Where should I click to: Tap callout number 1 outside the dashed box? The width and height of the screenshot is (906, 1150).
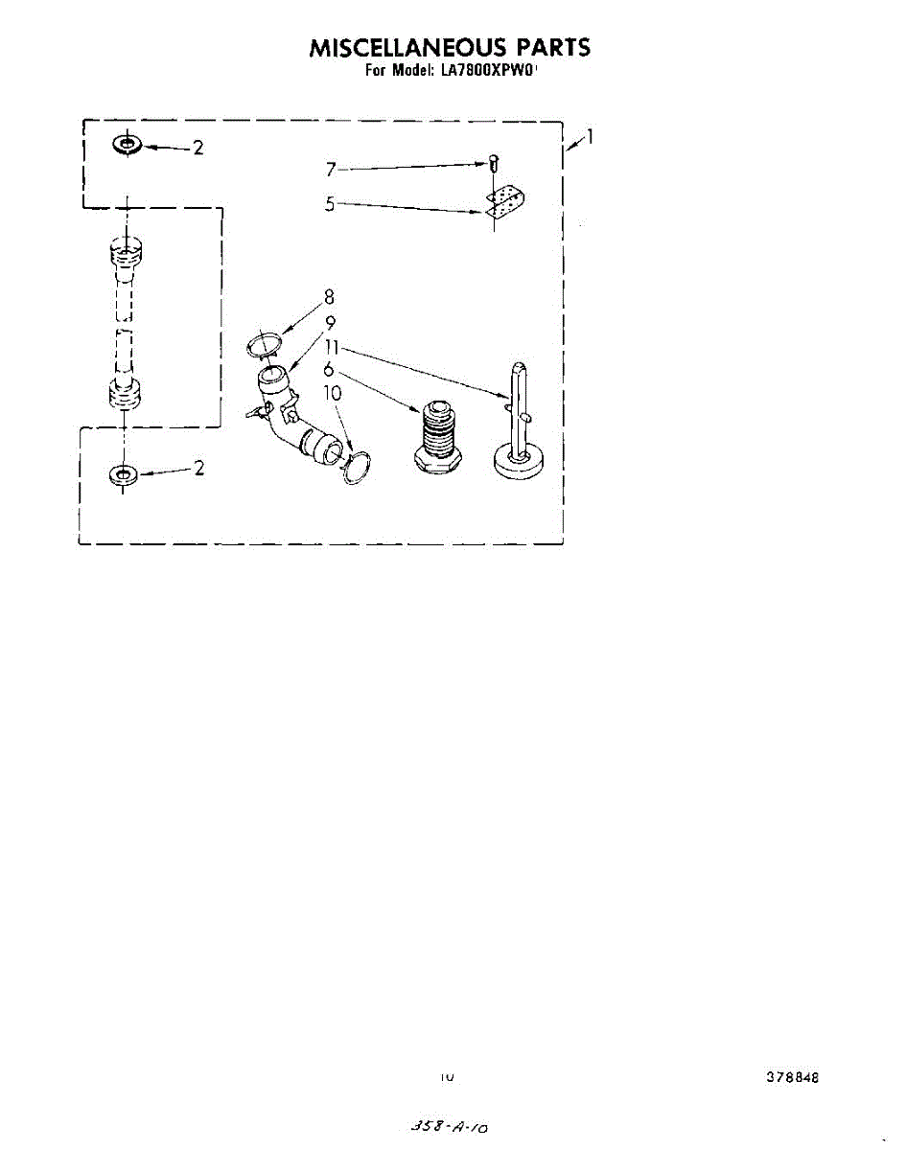tap(590, 137)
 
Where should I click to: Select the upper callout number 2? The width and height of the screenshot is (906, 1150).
tap(197, 148)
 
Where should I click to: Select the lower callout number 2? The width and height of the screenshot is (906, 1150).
tap(197, 469)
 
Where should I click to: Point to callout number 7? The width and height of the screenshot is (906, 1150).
tap(330, 170)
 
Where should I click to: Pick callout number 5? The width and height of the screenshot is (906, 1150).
tap(330, 203)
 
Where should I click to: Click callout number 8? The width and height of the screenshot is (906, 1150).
tap(329, 296)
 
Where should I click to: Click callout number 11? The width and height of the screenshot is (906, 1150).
tap(333, 348)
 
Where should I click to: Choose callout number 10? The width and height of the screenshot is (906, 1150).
tap(332, 392)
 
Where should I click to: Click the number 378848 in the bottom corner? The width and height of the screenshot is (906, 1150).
tap(792, 1076)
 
